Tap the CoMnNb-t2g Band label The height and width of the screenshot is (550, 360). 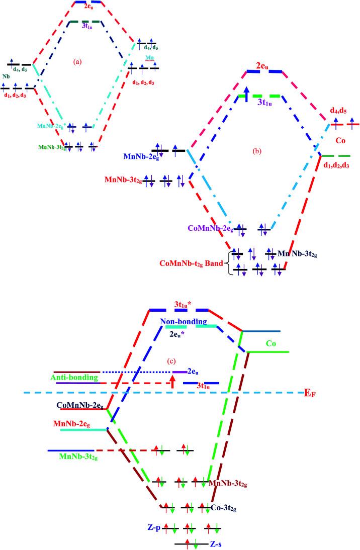tap(194, 261)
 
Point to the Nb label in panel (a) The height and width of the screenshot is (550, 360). tap(7, 76)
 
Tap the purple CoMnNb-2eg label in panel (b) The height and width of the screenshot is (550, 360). tap(208, 229)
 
